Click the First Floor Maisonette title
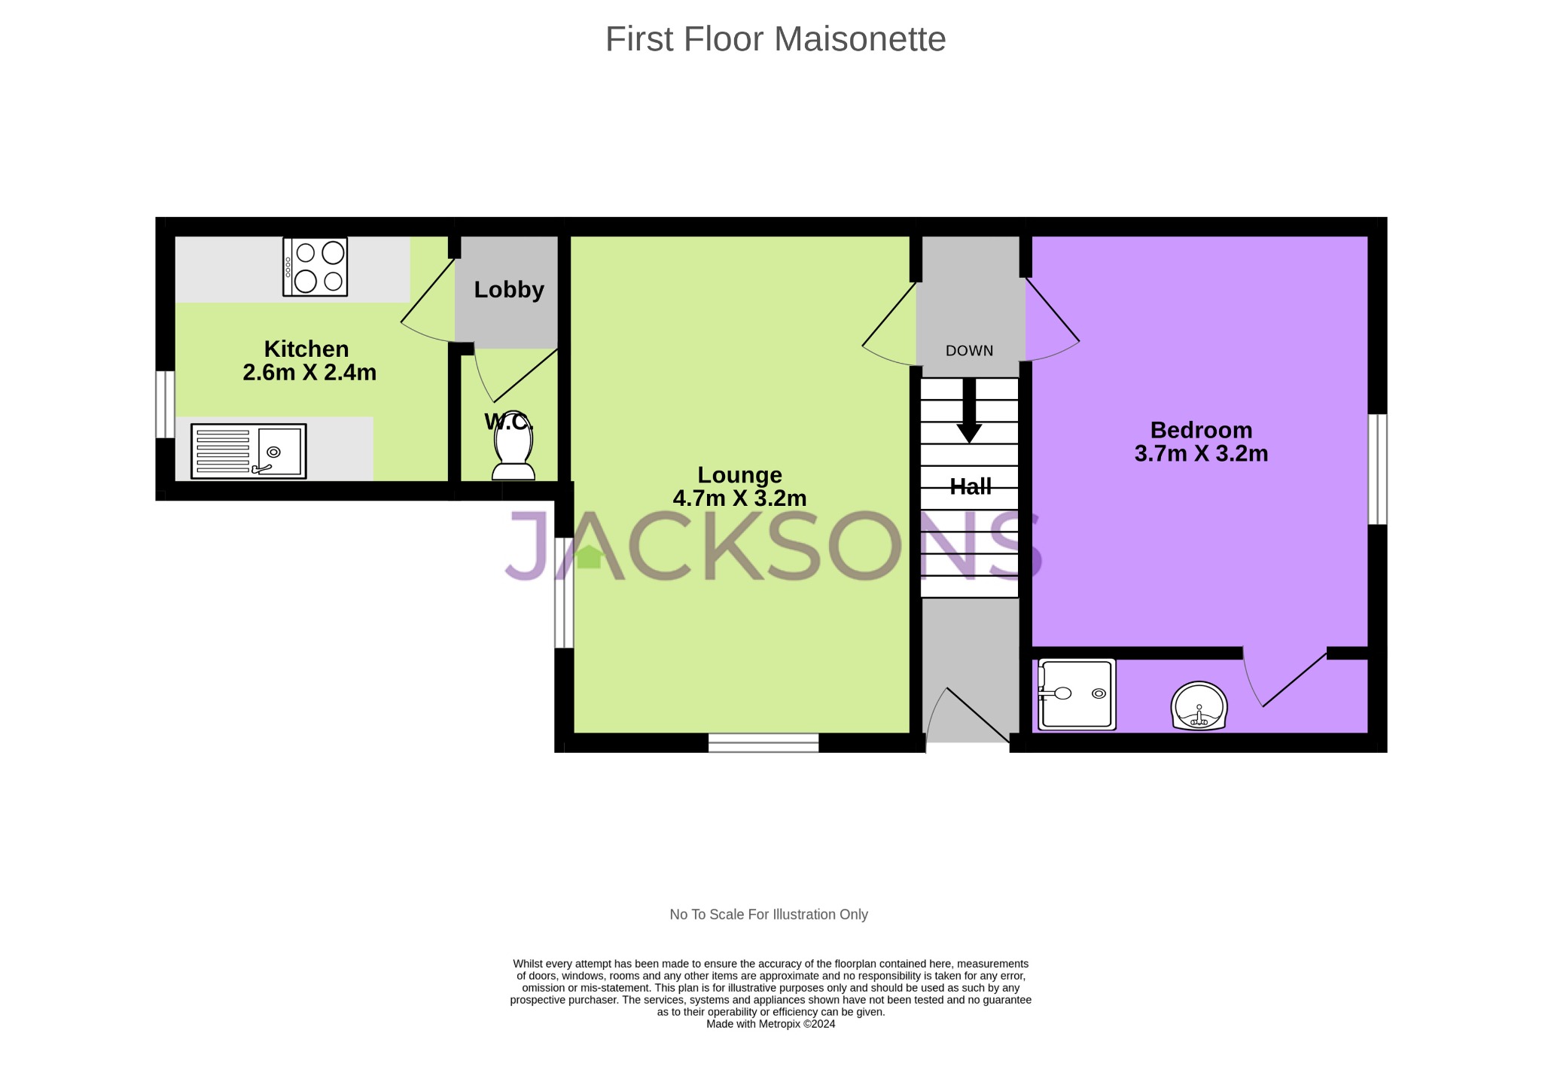click(x=775, y=39)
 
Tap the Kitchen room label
click(x=306, y=349)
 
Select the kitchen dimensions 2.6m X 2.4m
click(x=309, y=373)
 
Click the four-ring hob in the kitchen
click(x=315, y=267)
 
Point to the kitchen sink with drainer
click(x=248, y=451)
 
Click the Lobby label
click(x=509, y=290)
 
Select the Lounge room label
click(x=739, y=475)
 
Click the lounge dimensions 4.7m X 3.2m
click(x=739, y=498)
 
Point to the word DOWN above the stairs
click(x=969, y=351)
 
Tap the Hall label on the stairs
click(x=970, y=487)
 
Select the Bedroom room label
click(x=1201, y=430)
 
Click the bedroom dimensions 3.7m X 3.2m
click(x=1201, y=454)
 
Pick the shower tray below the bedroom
click(x=1077, y=694)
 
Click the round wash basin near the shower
click(x=1199, y=706)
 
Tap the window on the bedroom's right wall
click(x=1376, y=468)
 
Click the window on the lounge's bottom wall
click(x=763, y=742)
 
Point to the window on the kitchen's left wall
click(x=165, y=404)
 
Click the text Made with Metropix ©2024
click(x=770, y=1024)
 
